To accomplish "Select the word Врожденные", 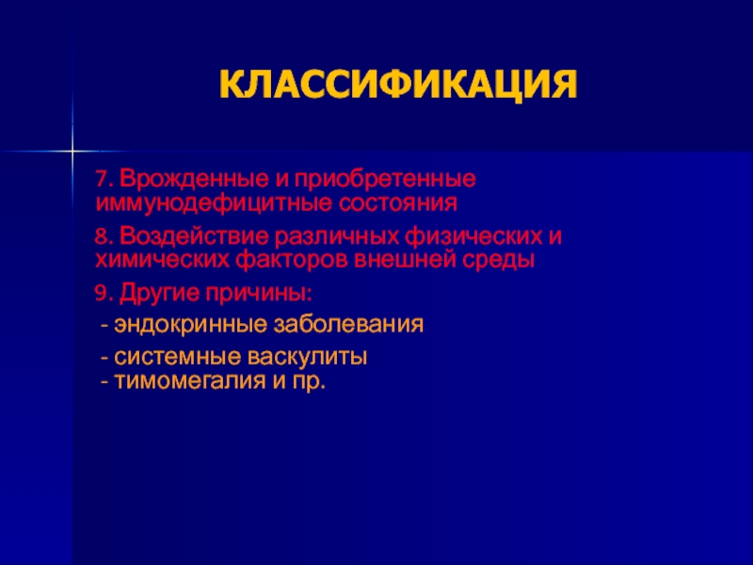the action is (194, 180).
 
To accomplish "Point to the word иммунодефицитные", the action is (215, 204).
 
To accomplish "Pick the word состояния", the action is (398, 203).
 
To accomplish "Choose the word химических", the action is (162, 262).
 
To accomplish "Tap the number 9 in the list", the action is (101, 294).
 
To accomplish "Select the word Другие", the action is (159, 294).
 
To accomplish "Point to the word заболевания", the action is (348, 325).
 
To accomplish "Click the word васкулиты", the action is (308, 358).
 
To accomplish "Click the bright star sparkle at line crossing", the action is (72, 152).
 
